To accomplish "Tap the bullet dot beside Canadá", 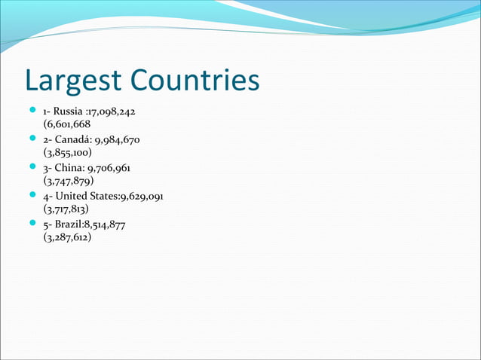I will (x=33, y=139).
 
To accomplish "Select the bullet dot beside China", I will (x=33, y=167).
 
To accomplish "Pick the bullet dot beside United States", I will (x=33, y=195).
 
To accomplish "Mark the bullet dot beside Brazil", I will (x=33, y=223).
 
